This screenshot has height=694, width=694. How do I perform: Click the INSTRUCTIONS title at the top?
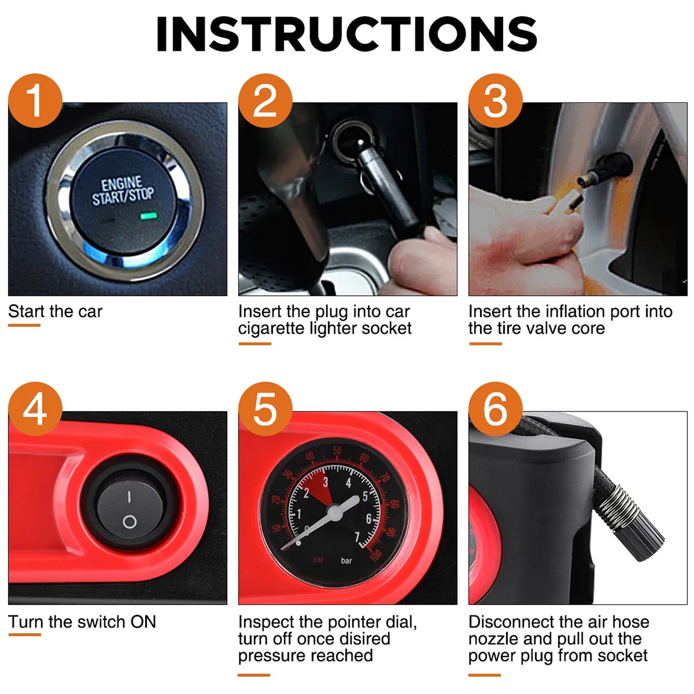click(x=347, y=34)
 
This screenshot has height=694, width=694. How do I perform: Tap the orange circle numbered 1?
click(x=35, y=101)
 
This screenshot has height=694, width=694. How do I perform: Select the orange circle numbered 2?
click(x=265, y=101)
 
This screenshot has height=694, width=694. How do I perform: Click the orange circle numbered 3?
click(x=495, y=101)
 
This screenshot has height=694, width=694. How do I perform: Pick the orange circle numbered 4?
click(x=35, y=409)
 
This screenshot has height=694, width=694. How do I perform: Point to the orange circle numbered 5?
click(x=265, y=409)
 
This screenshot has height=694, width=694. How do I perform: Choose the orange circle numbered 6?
click(x=495, y=409)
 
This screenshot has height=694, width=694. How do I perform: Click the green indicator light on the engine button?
click(x=149, y=216)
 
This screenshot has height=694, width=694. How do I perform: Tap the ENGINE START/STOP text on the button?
click(x=123, y=191)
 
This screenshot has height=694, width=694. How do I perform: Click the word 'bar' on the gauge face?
click(x=346, y=561)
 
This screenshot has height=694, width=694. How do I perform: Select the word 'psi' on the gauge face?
click(x=318, y=560)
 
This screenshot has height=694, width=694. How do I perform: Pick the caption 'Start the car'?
click(x=55, y=311)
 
